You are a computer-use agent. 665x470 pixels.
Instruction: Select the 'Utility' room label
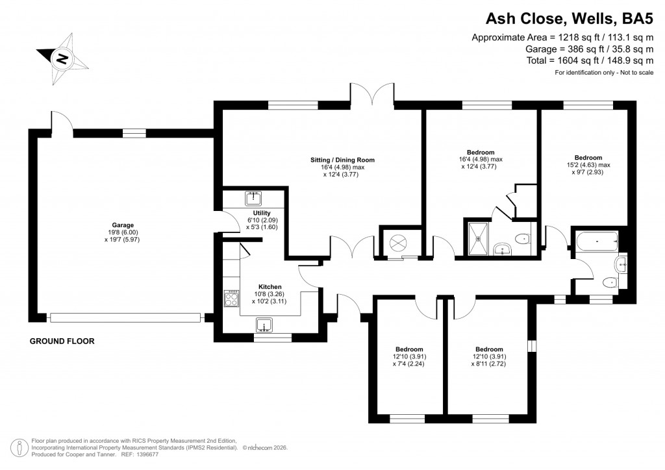(x=262, y=213)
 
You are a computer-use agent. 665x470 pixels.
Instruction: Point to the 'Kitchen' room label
(x=270, y=286)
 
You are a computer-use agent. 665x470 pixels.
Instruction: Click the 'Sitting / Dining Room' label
(x=341, y=160)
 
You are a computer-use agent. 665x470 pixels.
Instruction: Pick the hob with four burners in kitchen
(x=231, y=299)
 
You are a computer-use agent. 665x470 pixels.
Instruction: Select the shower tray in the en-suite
(x=479, y=238)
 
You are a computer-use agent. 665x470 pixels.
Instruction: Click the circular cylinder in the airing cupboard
(x=397, y=243)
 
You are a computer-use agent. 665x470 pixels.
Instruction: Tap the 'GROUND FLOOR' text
(x=62, y=341)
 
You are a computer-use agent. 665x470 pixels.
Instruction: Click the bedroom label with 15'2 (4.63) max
(x=588, y=165)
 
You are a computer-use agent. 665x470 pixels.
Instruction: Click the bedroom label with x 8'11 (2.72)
(x=488, y=356)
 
